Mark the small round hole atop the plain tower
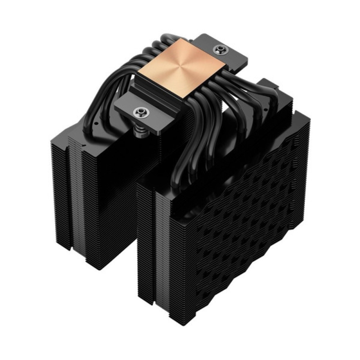click(x=96, y=122)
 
